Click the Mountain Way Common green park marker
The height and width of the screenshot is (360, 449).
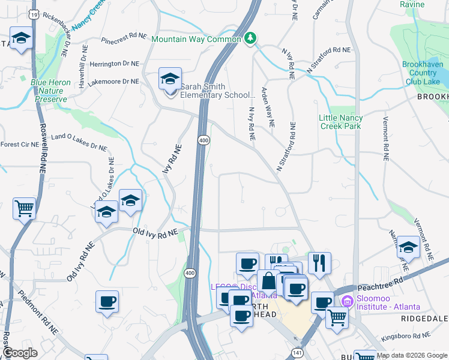click(x=251, y=38)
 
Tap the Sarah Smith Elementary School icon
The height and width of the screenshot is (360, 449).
click(x=169, y=79)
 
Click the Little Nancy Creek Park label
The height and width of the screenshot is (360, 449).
click(x=348, y=122)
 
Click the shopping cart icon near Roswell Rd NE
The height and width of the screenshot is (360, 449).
click(x=24, y=209)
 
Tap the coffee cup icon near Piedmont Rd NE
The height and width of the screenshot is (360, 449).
click(x=107, y=302)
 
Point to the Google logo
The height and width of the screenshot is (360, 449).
click(x=20, y=353)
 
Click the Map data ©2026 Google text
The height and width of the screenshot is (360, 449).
click(x=412, y=356)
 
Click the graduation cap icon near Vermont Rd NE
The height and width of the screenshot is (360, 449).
click(x=408, y=247)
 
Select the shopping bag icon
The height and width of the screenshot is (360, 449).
click(x=268, y=281)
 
